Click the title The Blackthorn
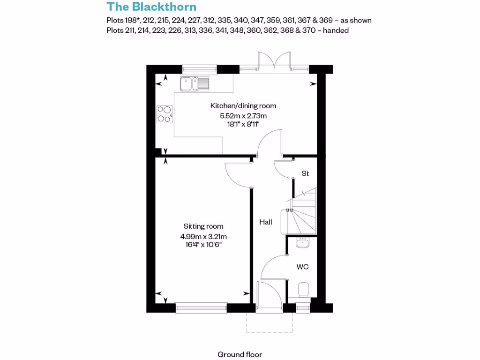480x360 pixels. point(151,7)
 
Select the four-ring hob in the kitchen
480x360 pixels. point(164,113)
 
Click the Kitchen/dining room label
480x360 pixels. point(243,106)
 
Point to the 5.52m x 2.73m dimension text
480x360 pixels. point(243,115)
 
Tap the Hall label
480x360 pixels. point(266,222)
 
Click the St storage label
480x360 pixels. point(305,173)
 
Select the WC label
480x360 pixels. point(302,267)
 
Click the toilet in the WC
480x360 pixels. point(303,289)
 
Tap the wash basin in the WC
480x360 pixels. point(302,243)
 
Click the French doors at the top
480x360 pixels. point(274,62)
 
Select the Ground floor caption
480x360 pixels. point(240,354)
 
